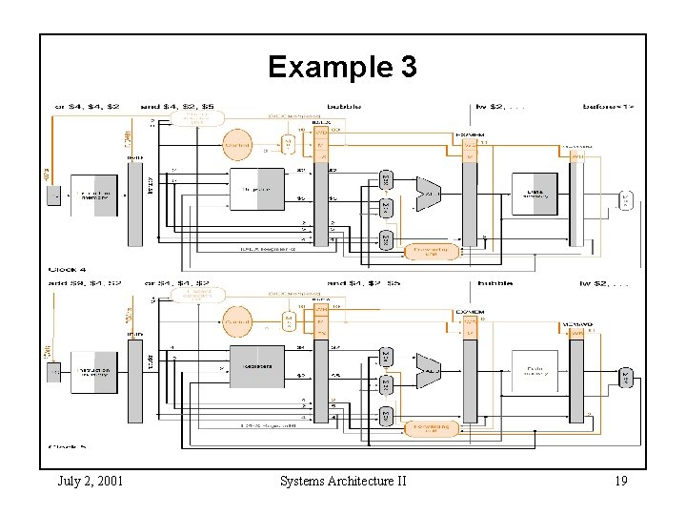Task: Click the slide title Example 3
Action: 342,67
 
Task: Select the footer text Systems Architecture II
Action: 343,481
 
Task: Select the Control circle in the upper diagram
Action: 237,146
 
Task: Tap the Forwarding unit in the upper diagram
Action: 431,252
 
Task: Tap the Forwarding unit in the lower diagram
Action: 431,428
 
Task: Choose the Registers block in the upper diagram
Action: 257,189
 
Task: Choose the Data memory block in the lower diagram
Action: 535,365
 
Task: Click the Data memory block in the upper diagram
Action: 535,194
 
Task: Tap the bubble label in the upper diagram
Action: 344,107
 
